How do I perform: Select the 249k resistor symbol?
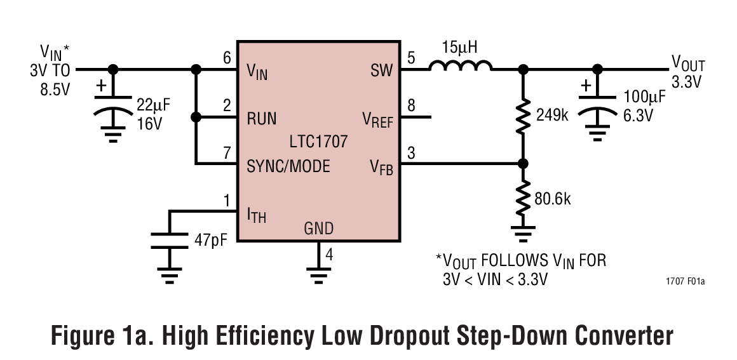pyautogui.click(x=523, y=116)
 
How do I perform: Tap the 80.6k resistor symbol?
pyautogui.click(x=523, y=197)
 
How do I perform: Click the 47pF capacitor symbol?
pyautogui.click(x=170, y=241)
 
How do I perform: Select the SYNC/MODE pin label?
pyautogui.click(x=288, y=166)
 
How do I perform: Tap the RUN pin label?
pyautogui.click(x=262, y=118)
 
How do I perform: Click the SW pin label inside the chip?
pyautogui.click(x=382, y=70)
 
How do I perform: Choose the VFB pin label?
pyautogui.click(x=381, y=167)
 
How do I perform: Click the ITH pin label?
pyautogui.click(x=256, y=215)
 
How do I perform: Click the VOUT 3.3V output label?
pyautogui.click(x=688, y=71)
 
